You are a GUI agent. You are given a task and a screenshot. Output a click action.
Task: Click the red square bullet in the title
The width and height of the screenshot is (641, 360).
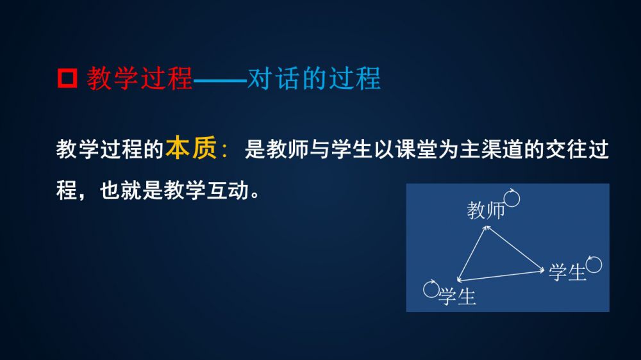click(x=67, y=78)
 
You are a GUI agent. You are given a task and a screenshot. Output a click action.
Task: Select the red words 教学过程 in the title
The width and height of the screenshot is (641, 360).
click(x=139, y=78)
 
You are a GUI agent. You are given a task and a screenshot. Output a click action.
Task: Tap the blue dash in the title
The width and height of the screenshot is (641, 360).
click(x=220, y=79)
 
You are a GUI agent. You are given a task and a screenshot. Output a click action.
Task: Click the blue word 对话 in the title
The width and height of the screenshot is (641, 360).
click(x=274, y=78)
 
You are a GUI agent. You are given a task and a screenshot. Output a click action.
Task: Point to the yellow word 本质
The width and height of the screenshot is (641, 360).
click(x=191, y=148)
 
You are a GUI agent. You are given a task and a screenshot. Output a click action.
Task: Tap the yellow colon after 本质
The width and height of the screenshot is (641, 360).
click(x=224, y=151)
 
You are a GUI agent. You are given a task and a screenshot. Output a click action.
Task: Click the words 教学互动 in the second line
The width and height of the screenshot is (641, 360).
click(x=206, y=190)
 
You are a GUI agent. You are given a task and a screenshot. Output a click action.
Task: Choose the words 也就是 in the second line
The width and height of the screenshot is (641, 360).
click(x=131, y=190)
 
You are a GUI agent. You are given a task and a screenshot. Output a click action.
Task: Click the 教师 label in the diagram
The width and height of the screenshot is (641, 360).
click(x=486, y=210)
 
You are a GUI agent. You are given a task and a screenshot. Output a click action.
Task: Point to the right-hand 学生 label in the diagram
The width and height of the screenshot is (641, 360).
click(x=567, y=272)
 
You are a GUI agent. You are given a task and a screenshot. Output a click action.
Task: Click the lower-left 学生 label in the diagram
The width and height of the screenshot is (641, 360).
click(x=457, y=296)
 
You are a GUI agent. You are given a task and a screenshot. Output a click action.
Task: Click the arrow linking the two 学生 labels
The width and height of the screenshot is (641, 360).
click(x=501, y=275)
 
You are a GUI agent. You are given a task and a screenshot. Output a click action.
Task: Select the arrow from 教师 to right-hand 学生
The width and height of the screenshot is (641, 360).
click(x=515, y=248)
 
